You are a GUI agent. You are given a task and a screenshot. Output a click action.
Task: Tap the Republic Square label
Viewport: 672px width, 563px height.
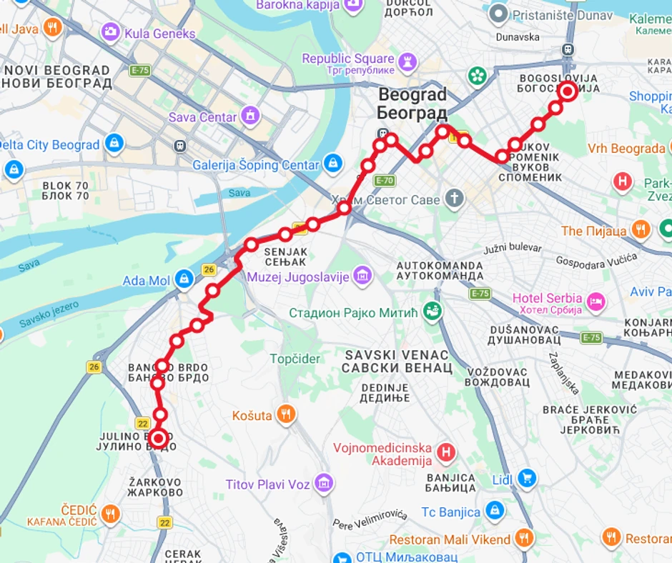347,59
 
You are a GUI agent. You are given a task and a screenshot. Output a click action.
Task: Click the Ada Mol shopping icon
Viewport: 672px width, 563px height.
184,279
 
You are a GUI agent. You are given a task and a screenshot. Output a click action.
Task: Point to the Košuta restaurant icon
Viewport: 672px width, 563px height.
286,414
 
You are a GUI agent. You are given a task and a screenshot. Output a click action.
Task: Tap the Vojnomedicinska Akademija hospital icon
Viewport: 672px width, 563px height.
446,452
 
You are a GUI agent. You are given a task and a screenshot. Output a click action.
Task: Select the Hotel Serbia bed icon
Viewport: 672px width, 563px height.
596,302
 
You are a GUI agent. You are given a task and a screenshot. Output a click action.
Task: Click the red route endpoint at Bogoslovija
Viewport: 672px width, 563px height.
568,91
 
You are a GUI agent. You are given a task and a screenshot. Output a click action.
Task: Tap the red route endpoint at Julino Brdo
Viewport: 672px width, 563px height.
158,438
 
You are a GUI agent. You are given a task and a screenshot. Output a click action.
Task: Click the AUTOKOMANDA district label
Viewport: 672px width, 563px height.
440,270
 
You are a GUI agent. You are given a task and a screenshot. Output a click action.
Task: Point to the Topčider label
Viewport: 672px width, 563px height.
295,359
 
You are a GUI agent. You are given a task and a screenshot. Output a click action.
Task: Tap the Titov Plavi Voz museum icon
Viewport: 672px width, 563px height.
324,484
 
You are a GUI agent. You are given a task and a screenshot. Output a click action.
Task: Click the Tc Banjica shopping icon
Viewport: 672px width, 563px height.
494,511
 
